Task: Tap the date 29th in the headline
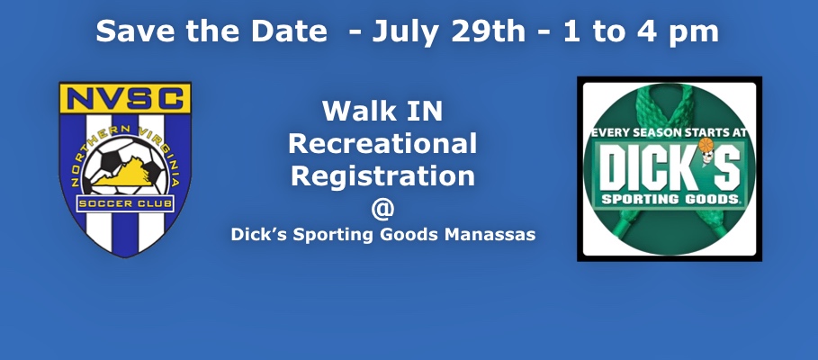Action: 488,31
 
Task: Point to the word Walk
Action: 357,111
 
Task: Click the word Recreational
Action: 382,143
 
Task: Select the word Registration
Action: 383,177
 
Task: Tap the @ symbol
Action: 383,209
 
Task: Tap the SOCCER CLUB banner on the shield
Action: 125,203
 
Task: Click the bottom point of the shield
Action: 125,256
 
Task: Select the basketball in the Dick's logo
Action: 706,145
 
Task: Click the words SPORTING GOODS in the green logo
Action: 670,199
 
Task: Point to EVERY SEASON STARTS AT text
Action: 670,133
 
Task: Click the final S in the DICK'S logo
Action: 727,168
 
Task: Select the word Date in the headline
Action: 289,31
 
